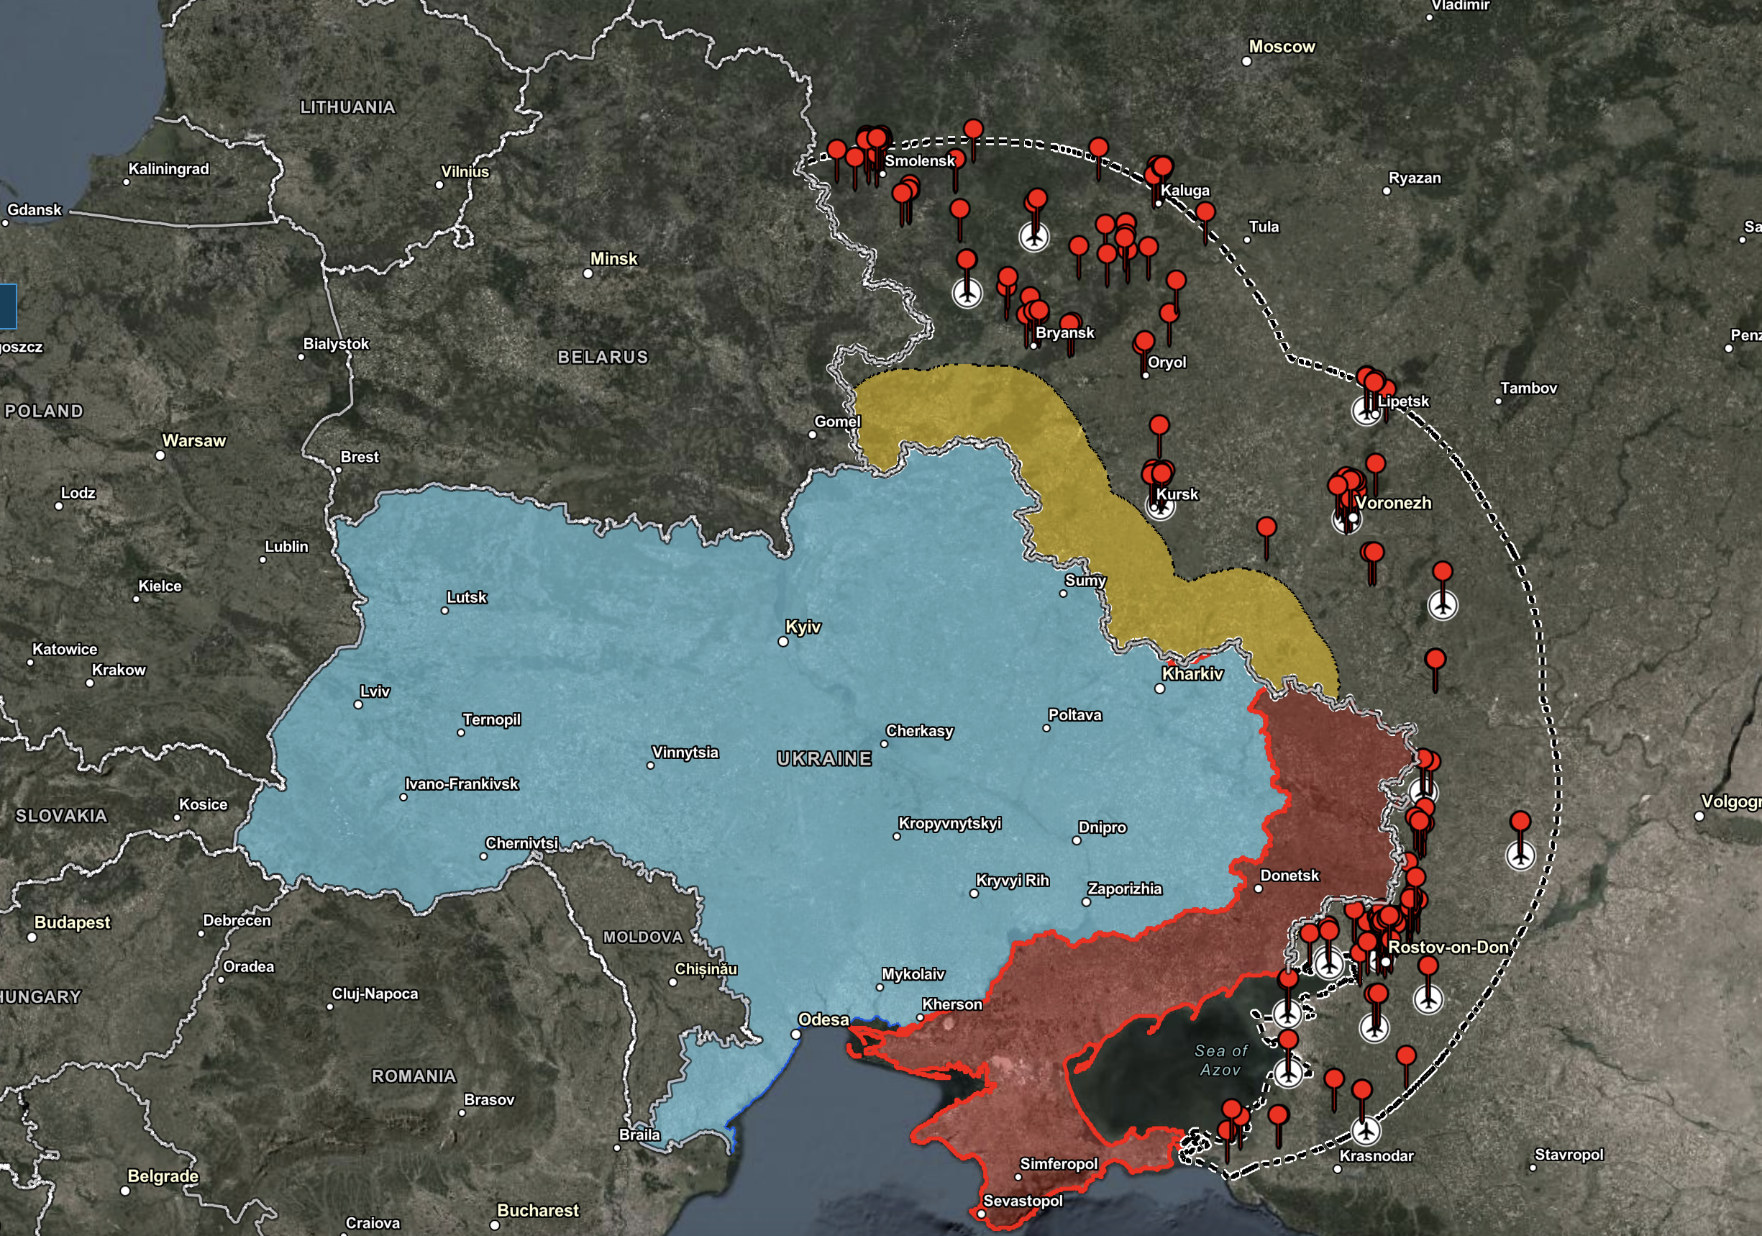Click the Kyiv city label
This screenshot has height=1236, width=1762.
803,627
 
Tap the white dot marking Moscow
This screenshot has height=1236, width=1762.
1246,61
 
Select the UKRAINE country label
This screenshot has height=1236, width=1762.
824,758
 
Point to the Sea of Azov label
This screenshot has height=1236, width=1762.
1220,1060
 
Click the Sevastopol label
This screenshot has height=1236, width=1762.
1022,1201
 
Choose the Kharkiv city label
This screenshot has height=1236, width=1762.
1192,673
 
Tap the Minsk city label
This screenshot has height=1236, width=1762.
613,259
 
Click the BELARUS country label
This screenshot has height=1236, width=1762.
603,357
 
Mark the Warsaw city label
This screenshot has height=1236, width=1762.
194,441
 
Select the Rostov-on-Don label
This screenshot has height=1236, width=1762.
1448,947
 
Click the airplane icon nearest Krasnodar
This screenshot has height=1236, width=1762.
1364,1130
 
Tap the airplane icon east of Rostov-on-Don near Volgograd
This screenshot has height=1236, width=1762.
1520,855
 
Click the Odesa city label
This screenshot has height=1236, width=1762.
823,1019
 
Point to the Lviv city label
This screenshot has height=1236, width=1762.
375,691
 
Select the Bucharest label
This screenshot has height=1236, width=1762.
537,1211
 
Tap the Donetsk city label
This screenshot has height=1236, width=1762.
1289,875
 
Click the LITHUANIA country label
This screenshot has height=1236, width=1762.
347,107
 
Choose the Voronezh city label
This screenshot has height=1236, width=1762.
1393,503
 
